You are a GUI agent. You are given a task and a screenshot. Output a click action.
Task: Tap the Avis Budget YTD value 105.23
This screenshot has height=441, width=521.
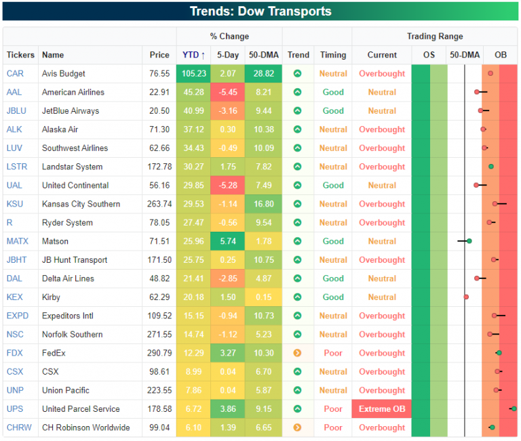pos(193,74)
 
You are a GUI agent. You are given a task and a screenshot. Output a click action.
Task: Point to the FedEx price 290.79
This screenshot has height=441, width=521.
pos(160,353)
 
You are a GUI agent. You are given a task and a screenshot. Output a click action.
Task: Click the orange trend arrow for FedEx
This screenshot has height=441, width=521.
pos(297,353)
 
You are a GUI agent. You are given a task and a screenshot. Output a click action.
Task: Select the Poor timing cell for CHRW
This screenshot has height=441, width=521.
pos(333,427)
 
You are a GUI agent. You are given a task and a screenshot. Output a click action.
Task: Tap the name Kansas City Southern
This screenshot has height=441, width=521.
pos(81,204)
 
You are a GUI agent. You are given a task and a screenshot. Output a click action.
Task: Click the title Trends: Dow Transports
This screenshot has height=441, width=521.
pos(260,12)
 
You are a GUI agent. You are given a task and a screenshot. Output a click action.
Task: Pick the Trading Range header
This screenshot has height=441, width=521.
pos(435,37)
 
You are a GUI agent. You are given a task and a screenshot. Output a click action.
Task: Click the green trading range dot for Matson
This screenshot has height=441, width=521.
pos(469,241)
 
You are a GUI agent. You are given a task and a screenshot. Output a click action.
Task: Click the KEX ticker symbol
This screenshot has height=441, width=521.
pos(14,297)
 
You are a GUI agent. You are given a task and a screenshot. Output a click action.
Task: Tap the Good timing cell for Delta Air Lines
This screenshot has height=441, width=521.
pos(333,278)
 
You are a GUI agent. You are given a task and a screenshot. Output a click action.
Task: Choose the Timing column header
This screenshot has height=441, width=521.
pos(333,55)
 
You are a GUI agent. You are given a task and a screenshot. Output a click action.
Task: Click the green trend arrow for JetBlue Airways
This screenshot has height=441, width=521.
pos(297,111)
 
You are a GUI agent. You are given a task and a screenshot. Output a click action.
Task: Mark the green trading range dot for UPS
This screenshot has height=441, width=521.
pos(514,408)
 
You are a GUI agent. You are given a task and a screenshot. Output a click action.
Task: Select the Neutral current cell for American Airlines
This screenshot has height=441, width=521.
pos(382,92)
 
